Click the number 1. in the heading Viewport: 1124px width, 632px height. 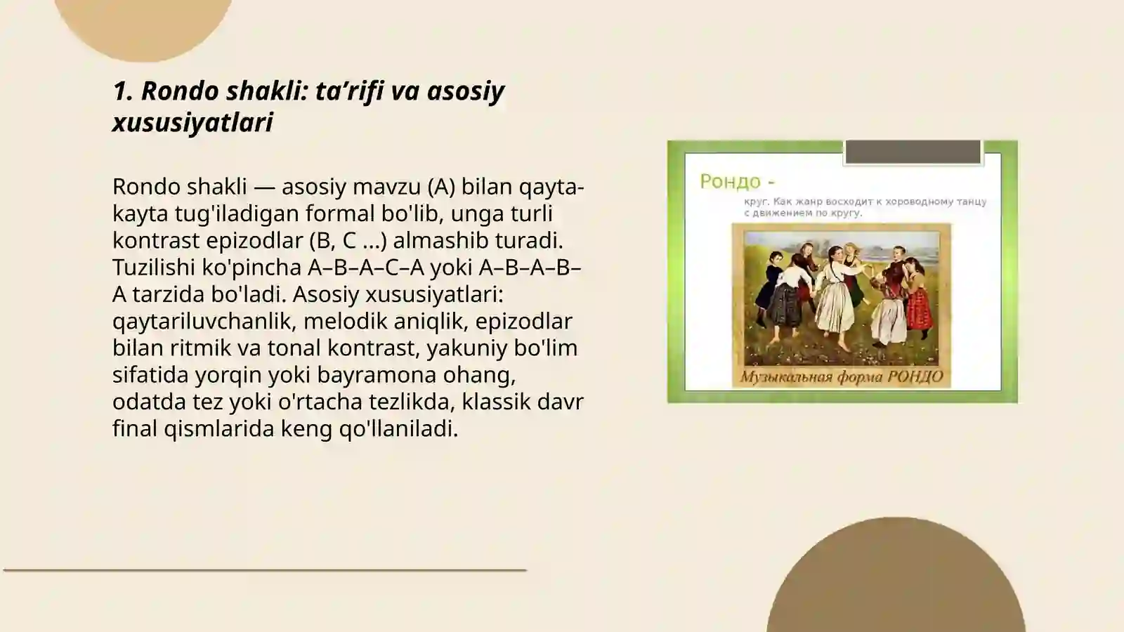pos(123,91)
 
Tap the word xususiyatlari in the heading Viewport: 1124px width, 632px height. pos(192,122)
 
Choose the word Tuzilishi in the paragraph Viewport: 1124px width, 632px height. pos(154,268)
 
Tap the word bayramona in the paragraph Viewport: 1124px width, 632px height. pos(366,374)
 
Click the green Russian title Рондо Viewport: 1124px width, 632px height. pos(731,181)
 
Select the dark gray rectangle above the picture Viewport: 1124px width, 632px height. pos(913,152)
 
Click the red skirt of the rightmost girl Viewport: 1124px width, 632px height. pos(918,312)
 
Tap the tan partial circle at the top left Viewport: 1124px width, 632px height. pos(144,25)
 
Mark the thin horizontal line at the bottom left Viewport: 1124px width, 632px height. pos(265,570)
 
